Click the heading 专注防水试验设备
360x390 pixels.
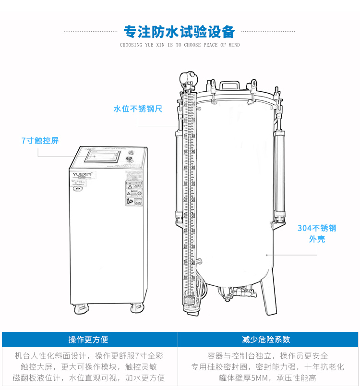tap(180, 32)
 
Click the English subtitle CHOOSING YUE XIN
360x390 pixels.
tap(180, 45)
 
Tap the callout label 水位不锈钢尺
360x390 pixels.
tap(138, 109)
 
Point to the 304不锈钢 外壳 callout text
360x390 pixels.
tap(317, 233)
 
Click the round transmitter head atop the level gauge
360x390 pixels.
tap(187, 77)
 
